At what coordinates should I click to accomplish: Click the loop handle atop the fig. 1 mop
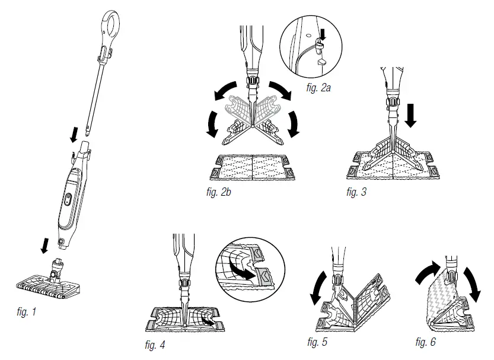coord(113,23)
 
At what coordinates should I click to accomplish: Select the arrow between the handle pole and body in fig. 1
coord(74,135)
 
